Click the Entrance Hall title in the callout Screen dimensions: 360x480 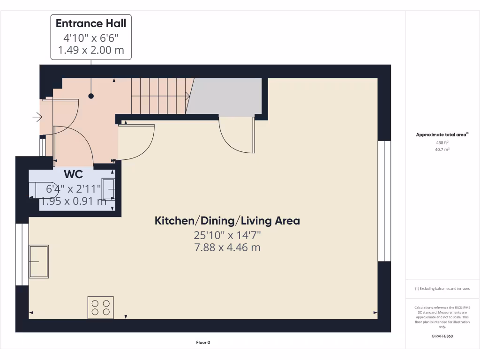[x=91, y=23]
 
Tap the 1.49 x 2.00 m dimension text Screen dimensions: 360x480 [x=91, y=50]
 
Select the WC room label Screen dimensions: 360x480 [x=74, y=175]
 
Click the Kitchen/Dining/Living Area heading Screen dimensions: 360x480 [x=227, y=220]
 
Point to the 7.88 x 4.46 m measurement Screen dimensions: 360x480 [x=227, y=247]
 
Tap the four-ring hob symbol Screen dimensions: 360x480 [x=101, y=307]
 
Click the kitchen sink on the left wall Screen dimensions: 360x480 [x=38, y=261]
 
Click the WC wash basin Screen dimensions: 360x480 [x=109, y=190]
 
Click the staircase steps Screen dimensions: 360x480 [x=159, y=96]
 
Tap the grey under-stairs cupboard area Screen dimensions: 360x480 [x=225, y=97]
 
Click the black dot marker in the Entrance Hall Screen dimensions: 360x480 [x=91, y=96]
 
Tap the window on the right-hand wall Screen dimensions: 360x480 [x=384, y=201]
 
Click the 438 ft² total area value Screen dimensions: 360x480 [x=442, y=142]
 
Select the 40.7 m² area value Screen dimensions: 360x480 [x=442, y=150]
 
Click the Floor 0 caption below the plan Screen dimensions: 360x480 [x=203, y=343]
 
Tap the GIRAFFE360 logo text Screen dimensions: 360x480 [x=442, y=336]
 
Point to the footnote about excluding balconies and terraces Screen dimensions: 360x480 [x=442, y=289]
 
